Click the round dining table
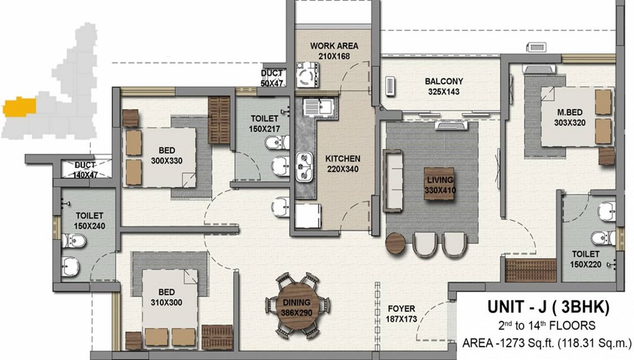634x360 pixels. point(297,306)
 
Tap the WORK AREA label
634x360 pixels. point(334,46)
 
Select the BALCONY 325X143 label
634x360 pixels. point(444,86)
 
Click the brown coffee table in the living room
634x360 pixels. point(439,184)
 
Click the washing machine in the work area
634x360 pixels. point(307,75)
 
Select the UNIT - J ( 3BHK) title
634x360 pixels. point(548,307)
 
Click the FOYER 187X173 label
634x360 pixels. point(401,314)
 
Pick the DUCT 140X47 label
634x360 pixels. point(85,170)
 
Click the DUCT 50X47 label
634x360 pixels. point(272,78)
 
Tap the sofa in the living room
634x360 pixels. point(392,181)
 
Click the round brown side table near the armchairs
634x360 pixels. point(396,243)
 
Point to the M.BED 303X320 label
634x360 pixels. point(570,117)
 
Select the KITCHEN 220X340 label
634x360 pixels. point(342,164)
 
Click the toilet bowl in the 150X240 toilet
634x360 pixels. point(74,241)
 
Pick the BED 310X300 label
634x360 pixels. point(166,297)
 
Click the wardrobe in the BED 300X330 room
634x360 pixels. point(219,120)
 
